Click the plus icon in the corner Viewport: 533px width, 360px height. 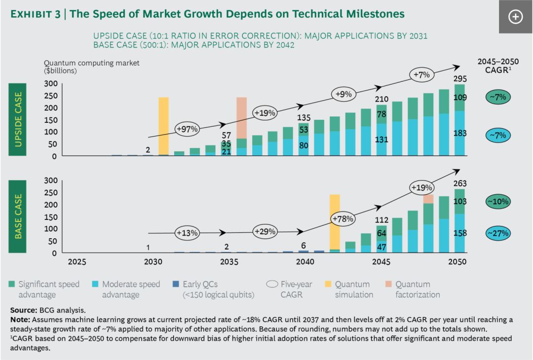point(515,17)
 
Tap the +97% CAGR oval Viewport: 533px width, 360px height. point(188,129)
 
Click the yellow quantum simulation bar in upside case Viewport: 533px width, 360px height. point(163,126)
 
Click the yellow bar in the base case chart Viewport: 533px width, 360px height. point(334,221)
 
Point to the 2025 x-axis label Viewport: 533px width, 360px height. point(77,262)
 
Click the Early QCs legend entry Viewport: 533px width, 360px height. point(208,289)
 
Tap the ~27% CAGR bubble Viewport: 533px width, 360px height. point(497,233)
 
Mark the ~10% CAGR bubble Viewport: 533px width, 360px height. point(497,201)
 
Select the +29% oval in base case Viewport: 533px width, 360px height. point(265,231)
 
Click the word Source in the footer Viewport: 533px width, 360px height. point(23,311)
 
